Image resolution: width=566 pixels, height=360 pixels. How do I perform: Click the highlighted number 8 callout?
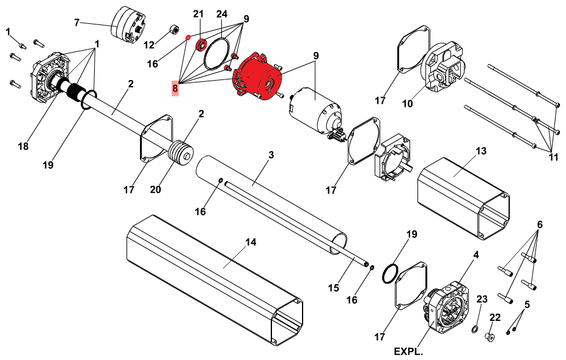(175, 88)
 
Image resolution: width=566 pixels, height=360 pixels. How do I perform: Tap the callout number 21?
(198, 14)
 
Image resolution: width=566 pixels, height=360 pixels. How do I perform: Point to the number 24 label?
(222, 14)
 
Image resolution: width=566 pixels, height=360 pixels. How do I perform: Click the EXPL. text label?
(408, 351)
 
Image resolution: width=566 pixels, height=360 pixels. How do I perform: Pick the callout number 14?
(251, 242)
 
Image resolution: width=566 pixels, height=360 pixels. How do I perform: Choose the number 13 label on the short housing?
(481, 150)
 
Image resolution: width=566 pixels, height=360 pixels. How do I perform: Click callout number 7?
(76, 23)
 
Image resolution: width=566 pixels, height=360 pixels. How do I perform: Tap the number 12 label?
(149, 45)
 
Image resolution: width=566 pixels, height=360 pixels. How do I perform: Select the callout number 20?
(155, 189)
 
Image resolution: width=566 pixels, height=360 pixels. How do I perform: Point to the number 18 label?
(23, 146)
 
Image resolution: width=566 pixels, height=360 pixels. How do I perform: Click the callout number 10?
(407, 104)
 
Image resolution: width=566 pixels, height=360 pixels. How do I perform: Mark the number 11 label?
(553, 157)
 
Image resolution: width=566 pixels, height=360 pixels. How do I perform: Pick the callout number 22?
(495, 317)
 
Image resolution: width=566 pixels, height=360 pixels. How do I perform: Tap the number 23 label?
(482, 299)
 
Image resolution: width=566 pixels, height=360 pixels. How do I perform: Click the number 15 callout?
(334, 288)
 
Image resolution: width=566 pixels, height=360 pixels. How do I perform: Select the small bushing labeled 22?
(490, 337)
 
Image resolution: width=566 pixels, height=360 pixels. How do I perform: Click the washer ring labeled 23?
(475, 329)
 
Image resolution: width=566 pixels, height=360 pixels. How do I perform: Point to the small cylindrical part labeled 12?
(175, 29)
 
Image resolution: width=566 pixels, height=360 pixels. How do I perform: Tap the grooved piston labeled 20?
(181, 153)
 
